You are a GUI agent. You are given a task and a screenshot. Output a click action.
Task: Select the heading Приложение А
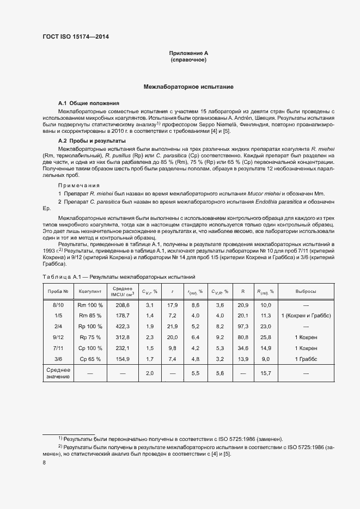point(188,53)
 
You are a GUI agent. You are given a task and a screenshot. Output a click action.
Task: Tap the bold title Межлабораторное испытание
point(188,87)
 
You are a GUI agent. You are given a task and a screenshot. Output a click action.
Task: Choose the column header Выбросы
point(306,291)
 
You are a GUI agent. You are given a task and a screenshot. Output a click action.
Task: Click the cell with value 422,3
point(123,326)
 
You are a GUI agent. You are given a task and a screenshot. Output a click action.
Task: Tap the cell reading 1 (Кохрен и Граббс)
point(306,316)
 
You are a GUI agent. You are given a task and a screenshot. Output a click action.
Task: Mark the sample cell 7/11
point(58,348)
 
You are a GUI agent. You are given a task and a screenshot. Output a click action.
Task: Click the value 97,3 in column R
point(243,326)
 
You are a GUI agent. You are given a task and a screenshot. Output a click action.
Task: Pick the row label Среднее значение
point(58,373)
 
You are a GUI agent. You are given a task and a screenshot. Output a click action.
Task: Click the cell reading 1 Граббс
point(306,359)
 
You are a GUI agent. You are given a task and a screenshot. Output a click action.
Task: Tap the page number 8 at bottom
point(45,463)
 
